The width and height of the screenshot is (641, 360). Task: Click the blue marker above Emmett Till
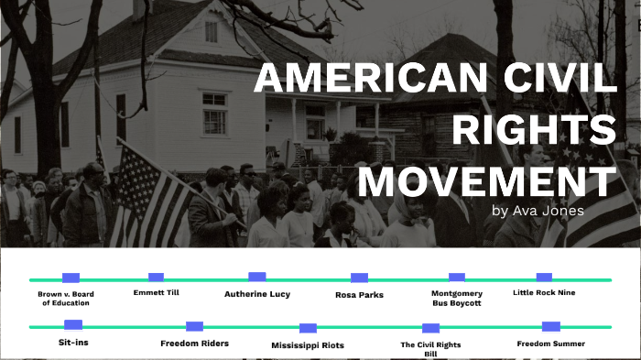(156, 277)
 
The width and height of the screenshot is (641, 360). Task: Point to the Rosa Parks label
(359, 295)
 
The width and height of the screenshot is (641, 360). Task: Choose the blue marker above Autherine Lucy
(257, 276)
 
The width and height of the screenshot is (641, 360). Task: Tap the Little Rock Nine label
(545, 293)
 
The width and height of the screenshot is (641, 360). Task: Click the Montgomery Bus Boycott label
(456, 298)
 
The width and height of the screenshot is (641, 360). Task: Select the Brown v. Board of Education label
(65, 298)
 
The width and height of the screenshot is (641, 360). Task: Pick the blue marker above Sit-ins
(73, 324)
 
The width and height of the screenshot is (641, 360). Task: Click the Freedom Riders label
(194, 344)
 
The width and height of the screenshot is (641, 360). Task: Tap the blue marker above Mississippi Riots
(308, 328)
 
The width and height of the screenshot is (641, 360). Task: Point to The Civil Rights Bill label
(430, 348)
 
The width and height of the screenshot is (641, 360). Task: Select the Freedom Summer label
(550, 344)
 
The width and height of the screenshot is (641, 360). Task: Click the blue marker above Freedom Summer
(550, 326)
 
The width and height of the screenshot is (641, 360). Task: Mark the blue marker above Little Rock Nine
(544, 277)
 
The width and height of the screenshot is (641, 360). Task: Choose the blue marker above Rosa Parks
(359, 278)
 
